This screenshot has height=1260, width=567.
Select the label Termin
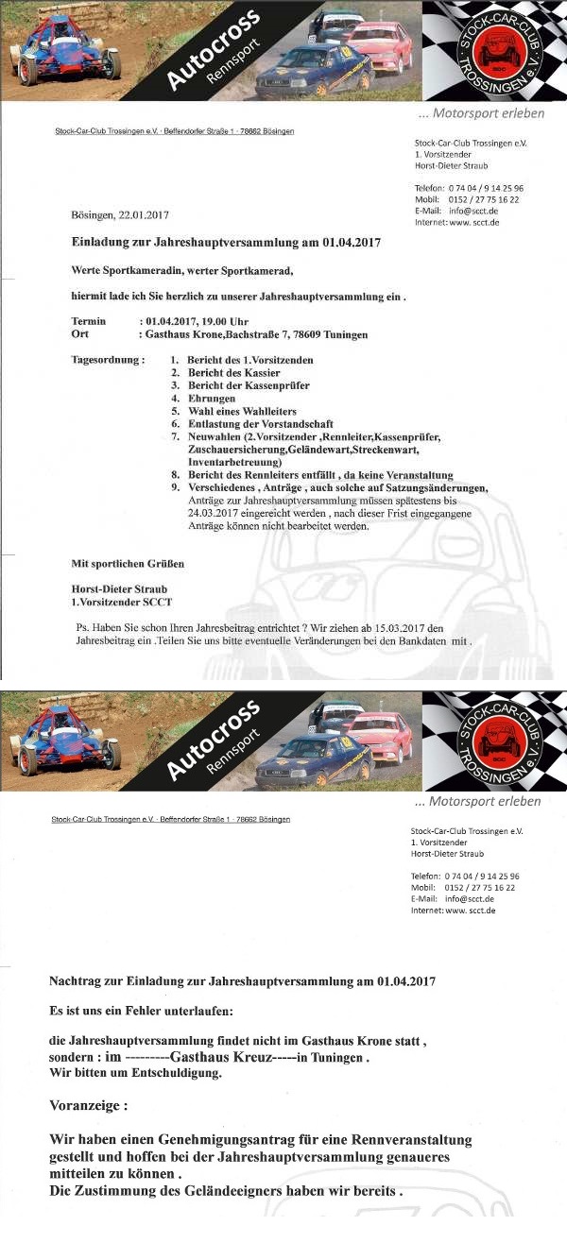click(x=89, y=321)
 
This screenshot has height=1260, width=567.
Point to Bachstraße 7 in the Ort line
click(x=262, y=334)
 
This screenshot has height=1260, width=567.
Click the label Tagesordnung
click(x=107, y=360)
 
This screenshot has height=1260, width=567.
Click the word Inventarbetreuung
click(x=234, y=463)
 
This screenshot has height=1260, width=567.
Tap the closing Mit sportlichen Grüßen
click(x=128, y=564)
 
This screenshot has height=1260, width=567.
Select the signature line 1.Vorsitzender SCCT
click(x=122, y=602)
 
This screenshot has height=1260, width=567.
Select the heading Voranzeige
click(x=88, y=1104)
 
